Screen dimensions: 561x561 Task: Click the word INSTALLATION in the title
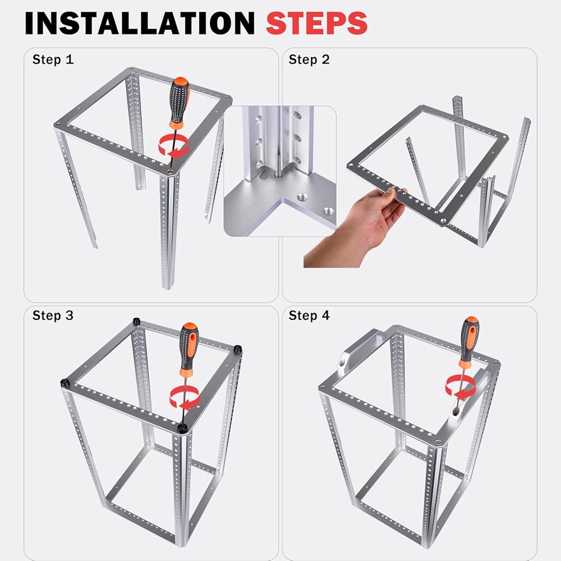coord(140,23)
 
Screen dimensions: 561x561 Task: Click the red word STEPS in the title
coord(316,23)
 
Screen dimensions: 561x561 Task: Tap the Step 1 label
coord(53,59)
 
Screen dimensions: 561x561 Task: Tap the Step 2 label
coord(309,59)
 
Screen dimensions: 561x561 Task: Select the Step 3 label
coord(53,315)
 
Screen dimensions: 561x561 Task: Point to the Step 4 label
coord(309,315)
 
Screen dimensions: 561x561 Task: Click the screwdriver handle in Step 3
coord(189,349)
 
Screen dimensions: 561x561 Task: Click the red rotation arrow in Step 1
coord(174,146)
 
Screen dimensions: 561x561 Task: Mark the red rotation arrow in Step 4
coord(461,388)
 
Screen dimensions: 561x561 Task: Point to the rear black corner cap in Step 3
coord(136,321)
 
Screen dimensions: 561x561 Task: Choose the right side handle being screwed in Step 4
coord(468,397)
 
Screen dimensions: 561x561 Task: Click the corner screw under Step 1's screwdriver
coord(171,172)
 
